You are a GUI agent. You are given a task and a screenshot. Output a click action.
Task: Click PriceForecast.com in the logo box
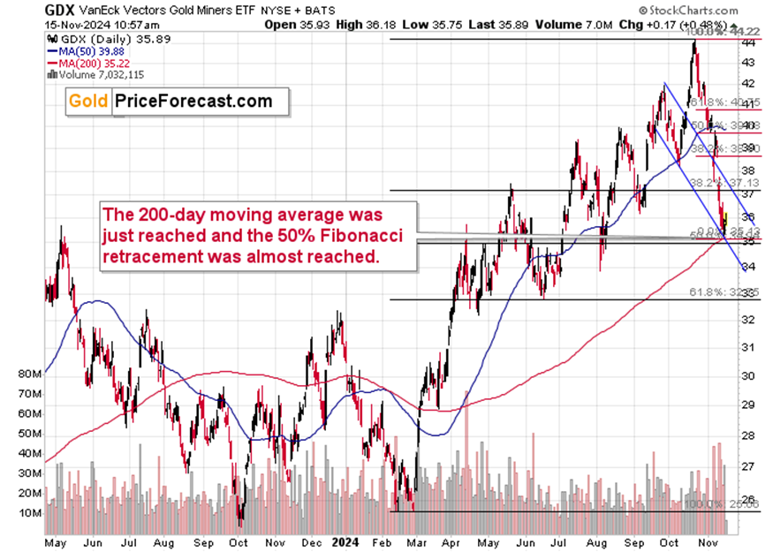(x=193, y=102)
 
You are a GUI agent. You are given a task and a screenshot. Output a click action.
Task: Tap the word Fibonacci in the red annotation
(x=336, y=234)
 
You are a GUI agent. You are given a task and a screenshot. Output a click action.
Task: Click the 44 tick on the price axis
(x=747, y=42)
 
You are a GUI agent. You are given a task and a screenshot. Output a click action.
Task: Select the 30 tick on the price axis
(x=747, y=376)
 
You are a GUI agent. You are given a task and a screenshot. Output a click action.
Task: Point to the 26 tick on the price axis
(x=747, y=499)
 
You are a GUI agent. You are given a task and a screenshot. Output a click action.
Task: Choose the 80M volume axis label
(x=28, y=374)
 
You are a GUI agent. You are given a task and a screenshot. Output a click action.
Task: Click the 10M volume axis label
(x=28, y=512)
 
